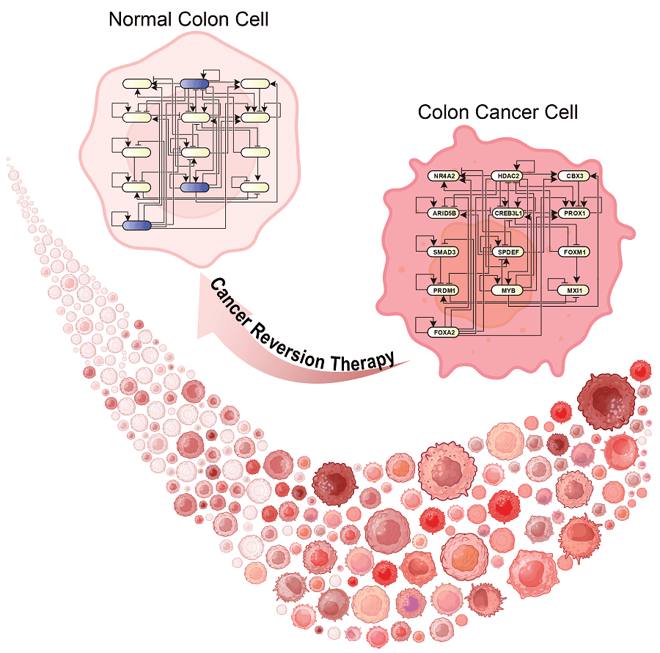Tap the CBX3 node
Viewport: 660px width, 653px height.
(571, 176)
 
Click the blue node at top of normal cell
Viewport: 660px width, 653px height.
(195, 84)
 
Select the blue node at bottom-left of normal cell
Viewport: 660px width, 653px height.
(136, 225)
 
